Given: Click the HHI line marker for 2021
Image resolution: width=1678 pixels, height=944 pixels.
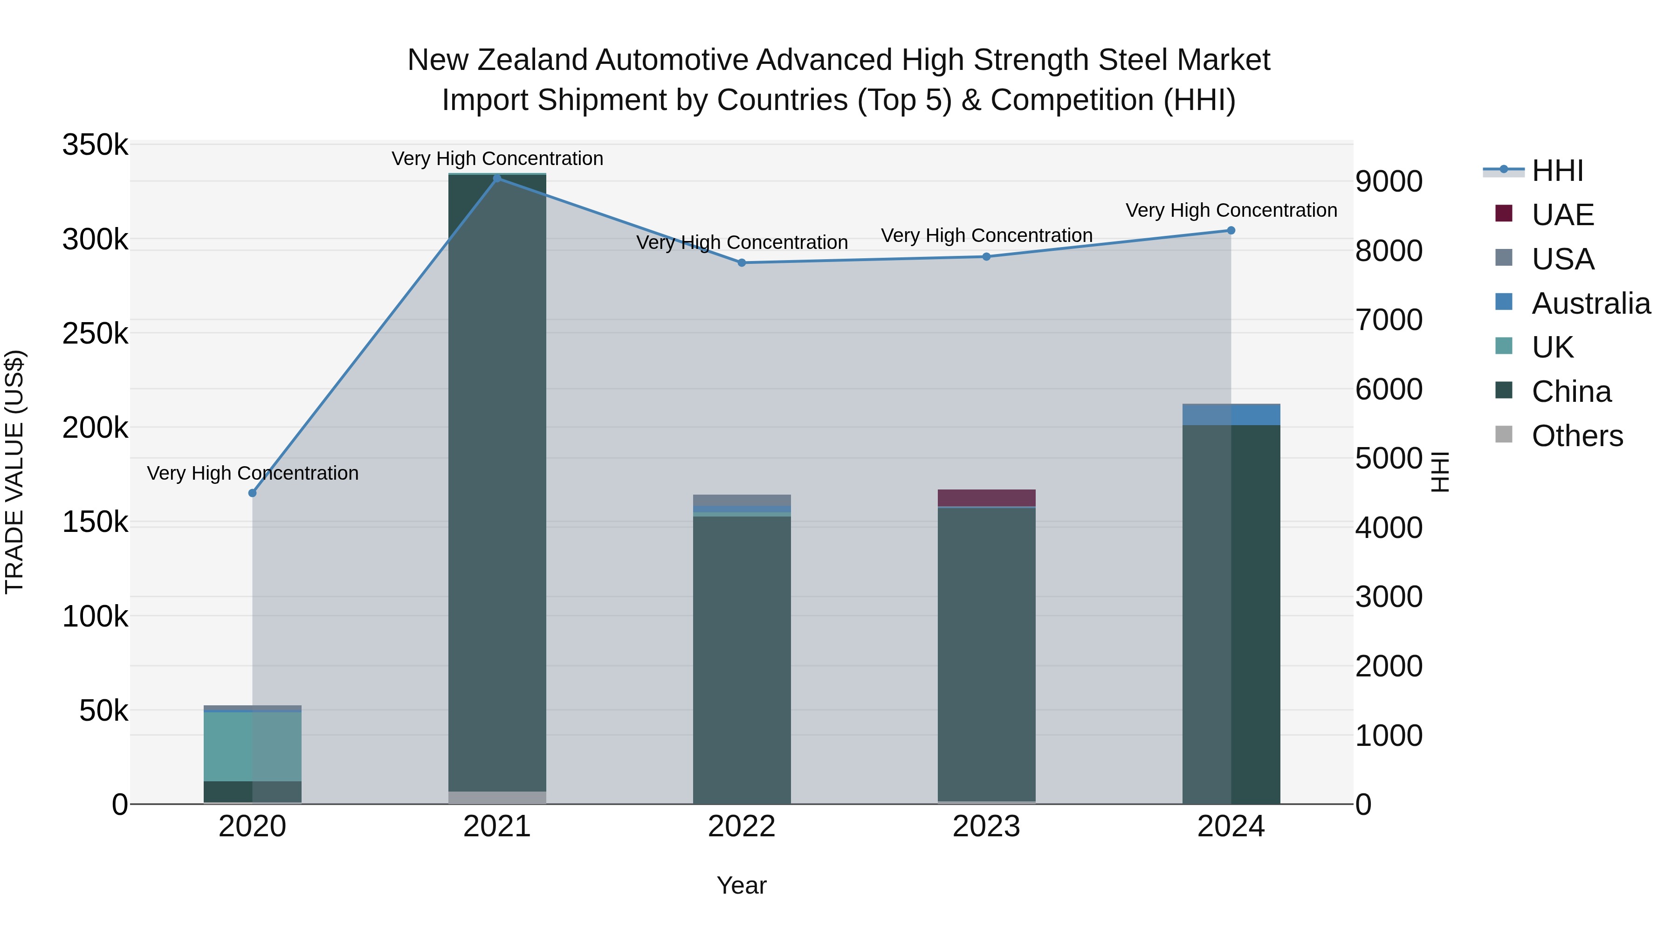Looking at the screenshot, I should pos(497,178).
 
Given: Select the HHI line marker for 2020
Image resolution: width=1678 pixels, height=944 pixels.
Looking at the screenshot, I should pos(253,493).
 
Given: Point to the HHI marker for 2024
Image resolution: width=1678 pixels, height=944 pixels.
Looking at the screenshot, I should pos(1231,230).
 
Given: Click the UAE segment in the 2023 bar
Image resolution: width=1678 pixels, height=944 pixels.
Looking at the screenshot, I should pos(986,498).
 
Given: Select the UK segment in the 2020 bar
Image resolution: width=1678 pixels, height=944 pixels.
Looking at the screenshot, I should pos(253,747).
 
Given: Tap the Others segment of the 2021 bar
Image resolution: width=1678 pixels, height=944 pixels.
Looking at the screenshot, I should pos(497,798).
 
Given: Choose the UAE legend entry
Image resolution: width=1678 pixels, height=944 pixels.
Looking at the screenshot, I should pos(1562,215).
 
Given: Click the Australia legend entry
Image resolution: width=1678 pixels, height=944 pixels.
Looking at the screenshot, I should pos(1590,303).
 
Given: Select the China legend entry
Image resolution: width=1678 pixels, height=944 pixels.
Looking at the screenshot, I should pos(1570,392).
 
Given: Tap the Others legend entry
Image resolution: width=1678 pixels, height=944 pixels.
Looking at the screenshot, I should pos(1576,436).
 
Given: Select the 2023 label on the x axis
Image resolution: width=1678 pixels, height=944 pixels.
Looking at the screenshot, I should pos(986,827).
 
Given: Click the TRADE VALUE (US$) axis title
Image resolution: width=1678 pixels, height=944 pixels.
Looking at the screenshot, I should pos(15,472).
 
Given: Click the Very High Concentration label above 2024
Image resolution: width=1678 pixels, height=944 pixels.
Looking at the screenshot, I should pos(1231,210).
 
